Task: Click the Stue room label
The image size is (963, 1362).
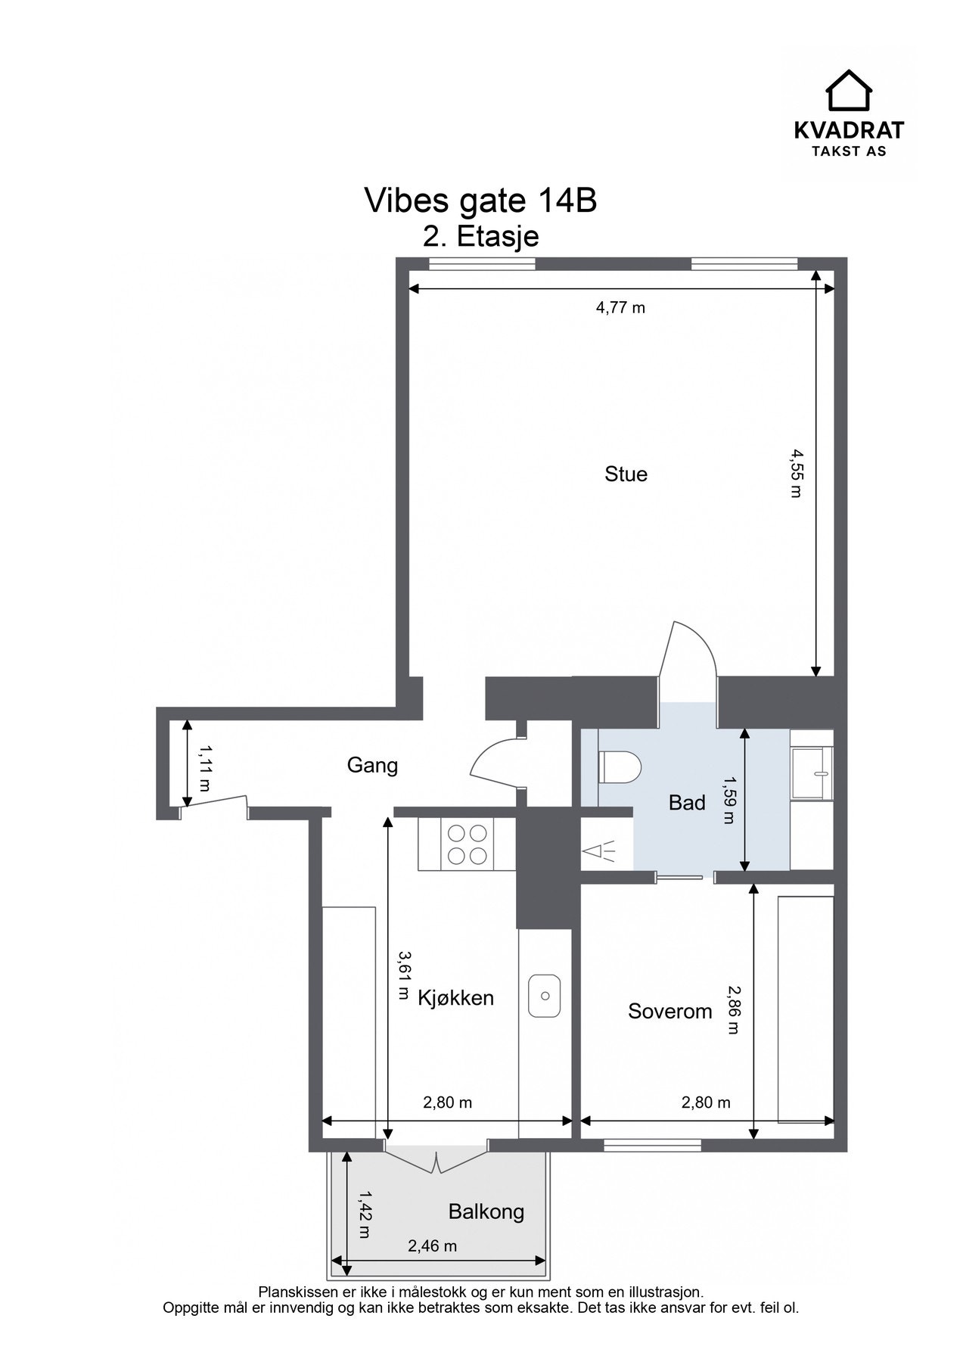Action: point(626,474)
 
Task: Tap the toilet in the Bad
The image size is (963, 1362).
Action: point(619,767)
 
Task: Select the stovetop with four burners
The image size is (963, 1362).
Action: point(467,844)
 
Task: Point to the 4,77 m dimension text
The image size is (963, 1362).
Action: point(620,308)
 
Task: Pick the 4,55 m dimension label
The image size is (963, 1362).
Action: point(796,473)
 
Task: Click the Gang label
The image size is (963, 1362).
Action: point(372,766)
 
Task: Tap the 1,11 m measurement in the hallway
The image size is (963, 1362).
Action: point(204,768)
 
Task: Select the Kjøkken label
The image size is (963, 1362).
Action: point(455,998)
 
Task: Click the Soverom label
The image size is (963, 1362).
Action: point(670,1011)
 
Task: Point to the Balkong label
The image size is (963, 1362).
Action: point(486,1212)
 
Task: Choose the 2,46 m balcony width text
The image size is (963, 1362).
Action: point(433,1245)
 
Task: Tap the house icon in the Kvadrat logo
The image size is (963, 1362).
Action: point(849,90)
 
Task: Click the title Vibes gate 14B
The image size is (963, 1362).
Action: point(481,201)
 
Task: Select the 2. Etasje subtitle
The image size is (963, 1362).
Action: point(481,236)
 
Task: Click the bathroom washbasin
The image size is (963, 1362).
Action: point(812,773)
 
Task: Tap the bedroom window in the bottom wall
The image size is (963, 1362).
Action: point(653,1145)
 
